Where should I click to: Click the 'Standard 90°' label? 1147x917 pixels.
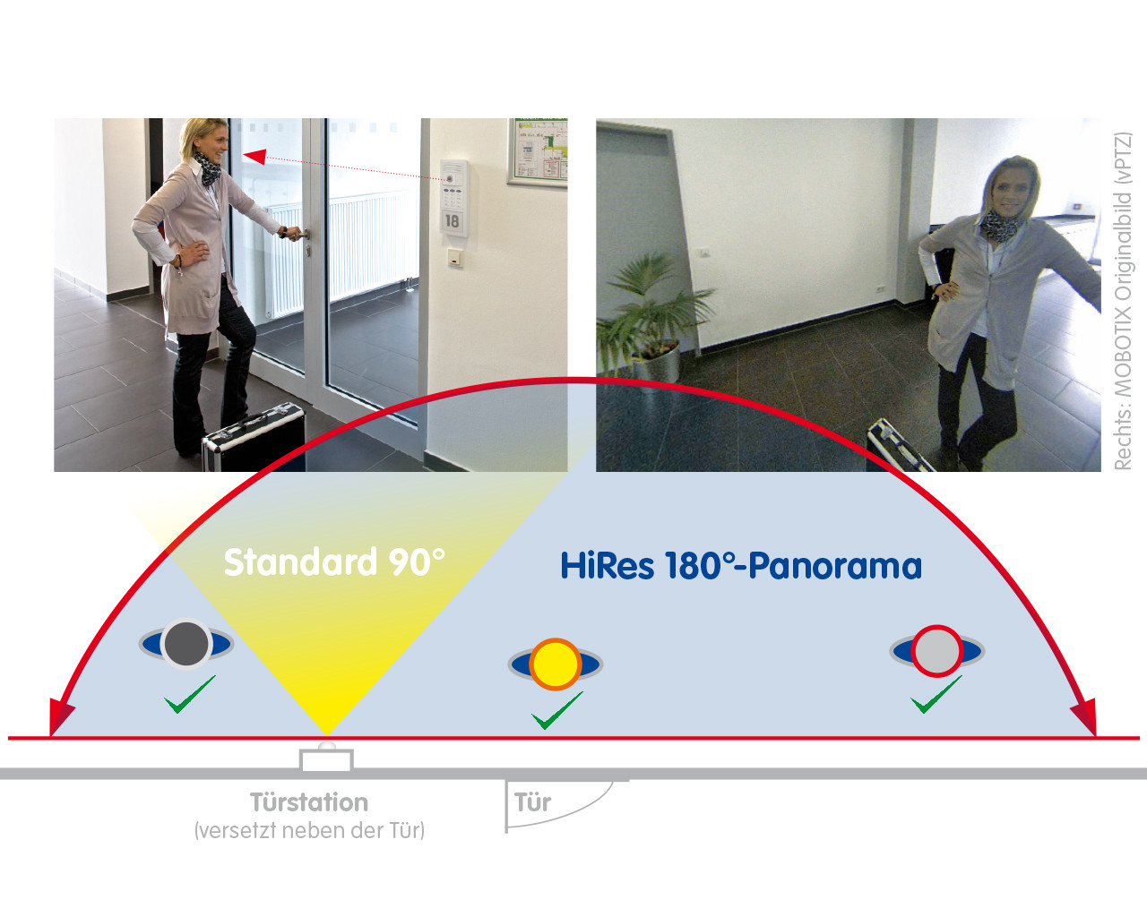point(334,562)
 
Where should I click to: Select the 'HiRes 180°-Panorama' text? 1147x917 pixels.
point(741,565)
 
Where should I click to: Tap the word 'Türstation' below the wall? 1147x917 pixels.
point(309,802)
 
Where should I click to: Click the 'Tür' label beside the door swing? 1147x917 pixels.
point(532,802)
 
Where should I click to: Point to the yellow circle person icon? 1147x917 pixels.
point(555,664)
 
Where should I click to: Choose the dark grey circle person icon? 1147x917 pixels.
point(186,644)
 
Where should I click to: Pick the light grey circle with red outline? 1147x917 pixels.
point(936,650)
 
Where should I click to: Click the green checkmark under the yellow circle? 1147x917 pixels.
point(557,710)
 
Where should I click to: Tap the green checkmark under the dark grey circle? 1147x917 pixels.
point(190,694)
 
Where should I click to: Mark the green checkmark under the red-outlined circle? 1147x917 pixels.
point(936,694)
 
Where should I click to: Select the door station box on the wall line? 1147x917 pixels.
point(326,759)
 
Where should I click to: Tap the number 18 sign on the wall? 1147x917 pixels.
point(452,220)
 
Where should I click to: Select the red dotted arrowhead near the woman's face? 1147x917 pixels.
point(254,156)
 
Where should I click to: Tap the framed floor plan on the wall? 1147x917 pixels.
point(538,152)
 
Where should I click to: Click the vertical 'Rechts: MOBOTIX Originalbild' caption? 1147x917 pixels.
point(1122,301)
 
